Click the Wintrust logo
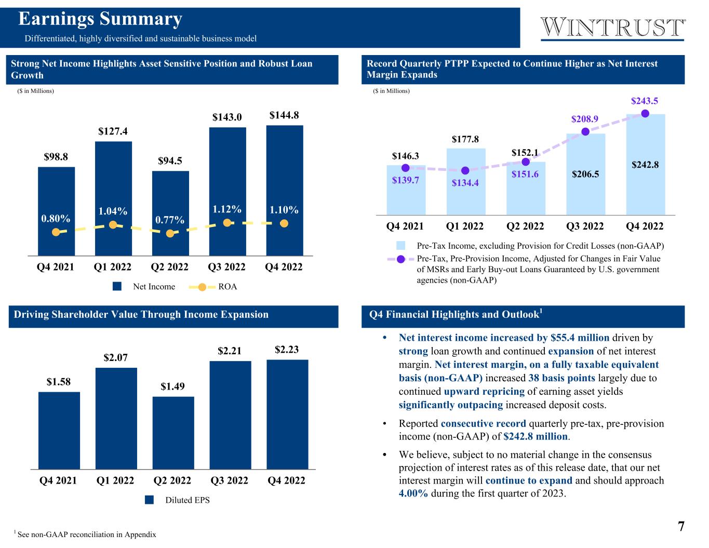click(x=613, y=28)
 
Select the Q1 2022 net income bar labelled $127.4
click(x=113, y=197)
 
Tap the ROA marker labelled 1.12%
click(x=227, y=222)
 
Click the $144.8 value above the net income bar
click(x=284, y=115)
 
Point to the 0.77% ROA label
click(x=170, y=220)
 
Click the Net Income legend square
click(x=118, y=287)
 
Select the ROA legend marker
click(x=203, y=287)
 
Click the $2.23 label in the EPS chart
click(x=287, y=350)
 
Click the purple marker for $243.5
click(x=645, y=113)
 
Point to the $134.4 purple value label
click(x=465, y=183)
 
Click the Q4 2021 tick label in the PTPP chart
click(x=405, y=226)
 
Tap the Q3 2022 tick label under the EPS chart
click(x=230, y=480)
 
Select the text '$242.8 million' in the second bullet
click(x=536, y=436)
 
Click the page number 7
click(x=680, y=526)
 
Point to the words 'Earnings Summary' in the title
click(x=100, y=19)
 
